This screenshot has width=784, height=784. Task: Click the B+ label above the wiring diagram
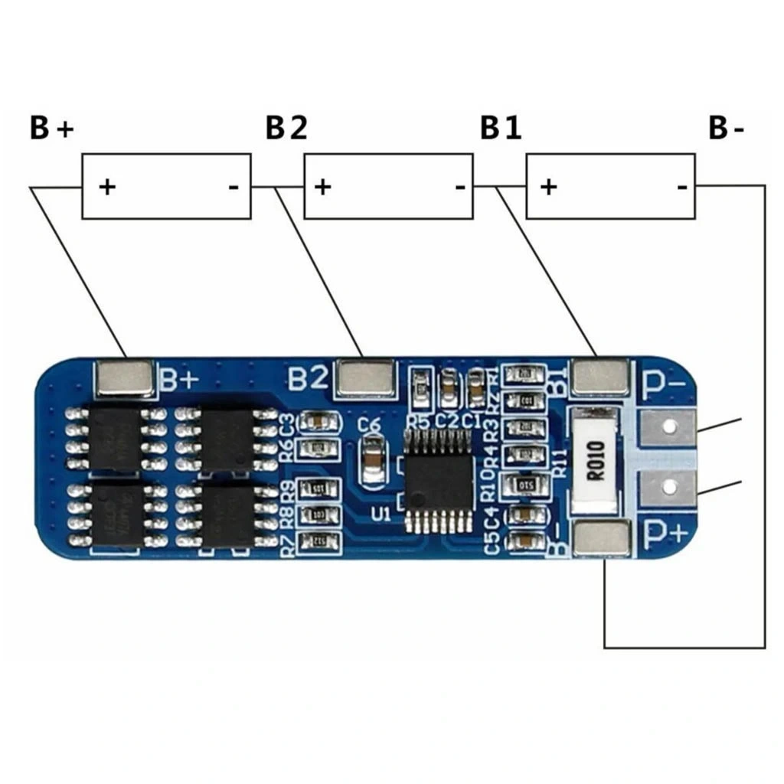(x=52, y=129)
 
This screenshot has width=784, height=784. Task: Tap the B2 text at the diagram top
(x=286, y=129)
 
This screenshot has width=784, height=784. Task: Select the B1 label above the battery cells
(x=501, y=129)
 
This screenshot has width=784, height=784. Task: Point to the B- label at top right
(x=726, y=129)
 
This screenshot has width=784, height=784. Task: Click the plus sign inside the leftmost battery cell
(x=107, y=186)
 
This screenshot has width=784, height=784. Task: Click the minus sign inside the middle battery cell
(x=460, y=186)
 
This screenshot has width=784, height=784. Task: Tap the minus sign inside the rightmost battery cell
(x=681, y=186)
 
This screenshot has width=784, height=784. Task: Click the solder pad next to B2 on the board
(x=366, y=378)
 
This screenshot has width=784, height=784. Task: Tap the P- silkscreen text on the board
(x=662, y=387)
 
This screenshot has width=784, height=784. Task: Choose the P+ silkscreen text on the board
(x=662, y=531)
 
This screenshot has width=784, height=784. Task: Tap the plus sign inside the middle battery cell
(x=323, y=186)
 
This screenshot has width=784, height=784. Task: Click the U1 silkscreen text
(x=381, y=512)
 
